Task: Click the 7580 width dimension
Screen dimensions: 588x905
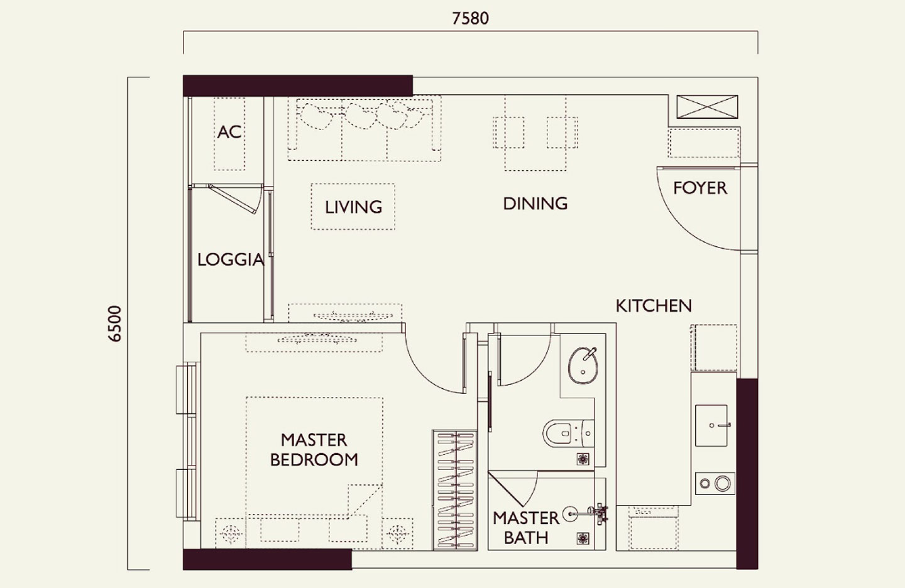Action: click(470, 18)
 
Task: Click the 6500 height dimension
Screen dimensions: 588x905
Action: click(114, 324)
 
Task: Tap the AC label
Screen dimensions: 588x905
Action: click(229, 132)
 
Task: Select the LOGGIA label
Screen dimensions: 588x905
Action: click(230, 259)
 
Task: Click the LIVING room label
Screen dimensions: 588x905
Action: click(353, 207)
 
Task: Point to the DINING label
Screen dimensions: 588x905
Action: click(535, 204)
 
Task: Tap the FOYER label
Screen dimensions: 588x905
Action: click(699, 188)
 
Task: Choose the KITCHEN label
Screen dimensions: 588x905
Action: click(654, 306)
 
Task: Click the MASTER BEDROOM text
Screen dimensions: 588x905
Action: click(314, 450)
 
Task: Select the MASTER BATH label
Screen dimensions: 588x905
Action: click(525, 528)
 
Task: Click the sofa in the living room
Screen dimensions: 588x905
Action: click(364, 128)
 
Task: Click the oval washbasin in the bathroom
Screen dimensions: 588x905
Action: click(584, 366)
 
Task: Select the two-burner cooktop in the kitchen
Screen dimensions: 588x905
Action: click(715, 484)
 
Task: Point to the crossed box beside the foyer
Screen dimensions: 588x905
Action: click(706, 107)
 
